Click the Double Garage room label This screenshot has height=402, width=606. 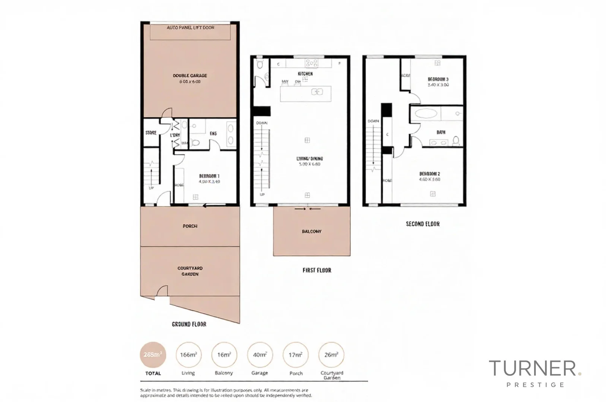[190, 76]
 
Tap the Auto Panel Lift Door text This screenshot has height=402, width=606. [190, 28]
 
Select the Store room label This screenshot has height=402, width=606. [151, 133]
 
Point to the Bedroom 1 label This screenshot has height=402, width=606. [209, 176]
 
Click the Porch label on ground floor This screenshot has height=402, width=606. [190, 226]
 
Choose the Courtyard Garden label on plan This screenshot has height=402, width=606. [190, 271]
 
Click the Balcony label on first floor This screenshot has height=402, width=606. [311, 232]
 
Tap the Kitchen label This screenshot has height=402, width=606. [305, 74]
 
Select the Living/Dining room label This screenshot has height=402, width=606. [310, 159]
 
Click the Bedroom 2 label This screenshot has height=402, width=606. [429, 174]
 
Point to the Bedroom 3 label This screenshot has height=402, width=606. [438, 79]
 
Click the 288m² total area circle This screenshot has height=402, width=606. [153, 355]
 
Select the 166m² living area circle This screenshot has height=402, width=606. [188, 355]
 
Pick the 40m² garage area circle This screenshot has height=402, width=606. [260, 355]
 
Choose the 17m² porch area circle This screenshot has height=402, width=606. [295, 355]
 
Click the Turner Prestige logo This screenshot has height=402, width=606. [534, 372]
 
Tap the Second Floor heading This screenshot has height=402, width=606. [422, 224]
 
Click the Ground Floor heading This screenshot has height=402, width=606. [189, 324]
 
